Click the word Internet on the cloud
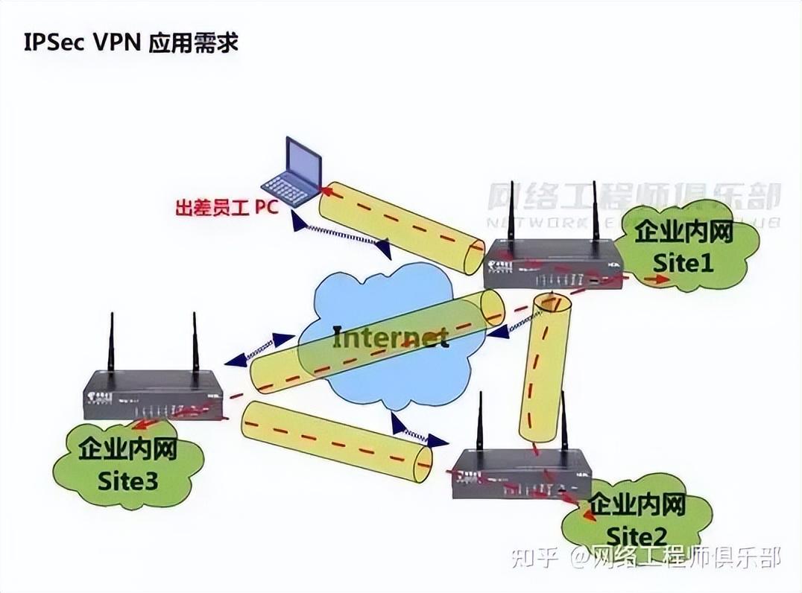390,337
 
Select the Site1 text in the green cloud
683,262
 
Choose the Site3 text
127,481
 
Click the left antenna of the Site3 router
110,343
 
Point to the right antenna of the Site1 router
596,212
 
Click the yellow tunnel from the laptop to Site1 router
400,228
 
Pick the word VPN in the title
122,42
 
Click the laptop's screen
304,159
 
